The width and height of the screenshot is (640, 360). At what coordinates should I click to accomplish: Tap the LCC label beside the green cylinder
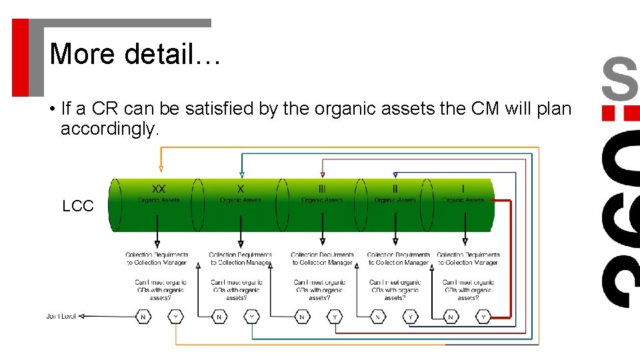tap(78, 207)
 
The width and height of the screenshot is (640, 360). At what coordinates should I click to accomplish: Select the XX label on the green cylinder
tap(159, 189)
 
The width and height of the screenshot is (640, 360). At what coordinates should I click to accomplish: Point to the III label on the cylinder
tap(322, 189)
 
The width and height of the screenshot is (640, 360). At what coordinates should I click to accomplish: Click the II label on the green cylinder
tap(395, 189)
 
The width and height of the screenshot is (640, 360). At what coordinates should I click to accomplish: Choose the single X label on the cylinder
tap(241, 189)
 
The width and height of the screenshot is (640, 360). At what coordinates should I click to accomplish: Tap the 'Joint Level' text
tap(61, 317)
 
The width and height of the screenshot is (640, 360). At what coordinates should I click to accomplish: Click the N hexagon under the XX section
tap(143, 317)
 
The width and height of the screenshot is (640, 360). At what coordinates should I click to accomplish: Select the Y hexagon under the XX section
tap(175, 317)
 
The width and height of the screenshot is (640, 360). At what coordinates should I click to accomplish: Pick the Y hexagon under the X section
tap(251, 317)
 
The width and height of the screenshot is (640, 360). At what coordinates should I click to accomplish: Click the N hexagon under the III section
tap(302, 317)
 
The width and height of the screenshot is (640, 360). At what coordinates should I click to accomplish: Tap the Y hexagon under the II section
tap(410, 317)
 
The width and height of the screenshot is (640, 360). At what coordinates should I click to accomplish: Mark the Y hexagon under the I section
tap(484, 317)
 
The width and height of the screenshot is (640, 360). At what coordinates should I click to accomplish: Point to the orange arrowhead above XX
tap(160, 169)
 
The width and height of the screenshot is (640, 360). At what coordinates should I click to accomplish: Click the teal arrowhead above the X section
tap(241, 175)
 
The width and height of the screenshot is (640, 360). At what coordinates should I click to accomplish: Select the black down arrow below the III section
tap(323, 241)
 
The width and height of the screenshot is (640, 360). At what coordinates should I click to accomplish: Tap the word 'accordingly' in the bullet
tap(109, 129)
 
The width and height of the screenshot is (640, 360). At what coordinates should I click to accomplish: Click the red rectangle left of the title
tap(20, 57)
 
